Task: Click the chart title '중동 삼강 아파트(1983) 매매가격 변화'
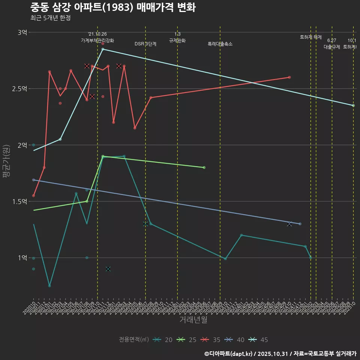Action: (x=112, y=7)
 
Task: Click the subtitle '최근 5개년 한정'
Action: (x=50, y=18)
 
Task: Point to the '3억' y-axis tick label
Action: (x=22, y=33)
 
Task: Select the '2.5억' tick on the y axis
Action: (x=19, y=89)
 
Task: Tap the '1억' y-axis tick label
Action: (x=22, y=258)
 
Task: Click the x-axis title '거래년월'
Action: (x=193, y=320)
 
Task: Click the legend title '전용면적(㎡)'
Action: (x=134, y=340)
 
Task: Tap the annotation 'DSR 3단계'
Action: (x=145, y=44)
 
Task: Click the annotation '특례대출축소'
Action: (x=220, y=44)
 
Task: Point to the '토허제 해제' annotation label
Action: (x=311, y=37)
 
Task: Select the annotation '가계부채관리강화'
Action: (x=97, y=40)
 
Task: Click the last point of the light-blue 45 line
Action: (x=353, y=105)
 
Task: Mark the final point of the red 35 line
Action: (x=289, y=77)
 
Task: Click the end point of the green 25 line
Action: (x=204, y=167)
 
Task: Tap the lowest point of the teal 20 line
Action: (x=49, y=286)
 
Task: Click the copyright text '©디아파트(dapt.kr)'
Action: (x=229, y=354)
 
